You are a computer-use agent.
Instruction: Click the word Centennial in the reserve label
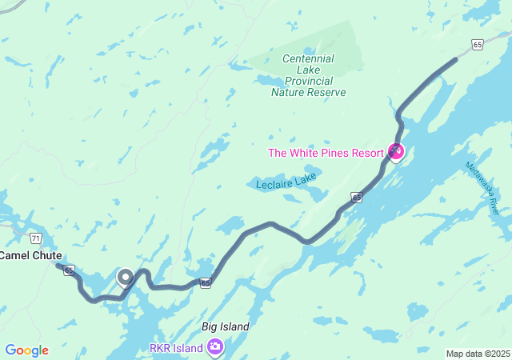click(x=308, y=58)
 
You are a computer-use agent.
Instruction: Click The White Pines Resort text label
click(x=326, y=153)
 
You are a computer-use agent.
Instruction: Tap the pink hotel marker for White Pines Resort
click(x=395, y=150)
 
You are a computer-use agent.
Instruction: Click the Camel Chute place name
click(x=30, y=256)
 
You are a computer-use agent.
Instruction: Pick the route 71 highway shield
click(x=35, y=238)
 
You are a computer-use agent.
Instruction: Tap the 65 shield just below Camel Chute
click(x=69, y=270)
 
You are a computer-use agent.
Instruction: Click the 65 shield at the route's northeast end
click(x=477, y=46)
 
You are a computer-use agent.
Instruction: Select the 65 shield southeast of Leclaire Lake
click(x=356, y=197)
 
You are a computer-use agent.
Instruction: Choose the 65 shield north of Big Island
click(x=206, y=282)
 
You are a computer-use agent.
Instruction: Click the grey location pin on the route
click(x=126, y=277)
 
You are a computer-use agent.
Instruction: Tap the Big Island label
click(x=226, y=326)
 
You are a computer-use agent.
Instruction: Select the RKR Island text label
click(x=175, y=347)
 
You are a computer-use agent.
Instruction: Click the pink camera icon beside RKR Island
click(x=214, y=346)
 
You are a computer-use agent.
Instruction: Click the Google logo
click(x=26, y=350)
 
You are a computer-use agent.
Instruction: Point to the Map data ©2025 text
click(x=477, y=354)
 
